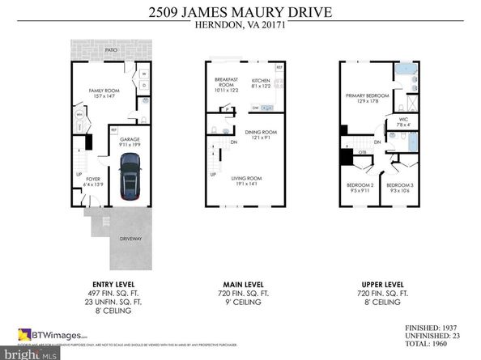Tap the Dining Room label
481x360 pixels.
coord(262,134)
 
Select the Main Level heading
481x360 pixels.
coord(240,283)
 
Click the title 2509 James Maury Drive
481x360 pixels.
coord(240,12)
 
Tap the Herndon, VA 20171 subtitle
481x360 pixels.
coord(240,25)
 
